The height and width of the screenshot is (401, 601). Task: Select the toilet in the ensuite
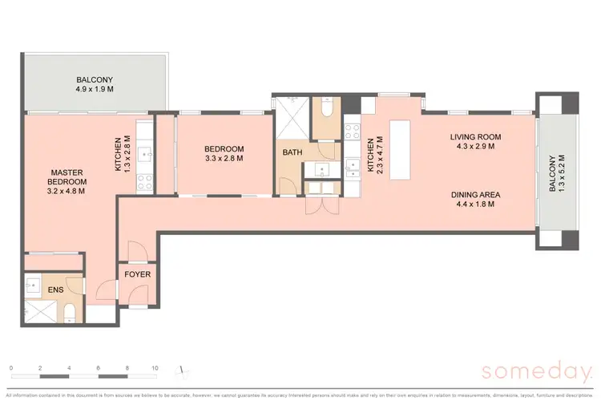click(x=70, y=311)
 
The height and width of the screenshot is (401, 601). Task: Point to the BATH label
click(x=292, y=152)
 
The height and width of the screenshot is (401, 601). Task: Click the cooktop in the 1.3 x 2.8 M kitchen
click(x=145, y=182)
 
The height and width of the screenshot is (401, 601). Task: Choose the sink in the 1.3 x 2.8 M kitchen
click(x=145, y=152)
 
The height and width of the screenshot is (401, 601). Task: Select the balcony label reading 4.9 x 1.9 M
click(x=94, y=90)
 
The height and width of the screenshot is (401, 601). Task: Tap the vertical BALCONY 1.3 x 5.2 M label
click(x=555, y=179)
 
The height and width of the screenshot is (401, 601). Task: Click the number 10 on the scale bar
click(x=155, y=368)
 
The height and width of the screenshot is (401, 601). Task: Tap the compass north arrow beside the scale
click(x=184, y=370)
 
